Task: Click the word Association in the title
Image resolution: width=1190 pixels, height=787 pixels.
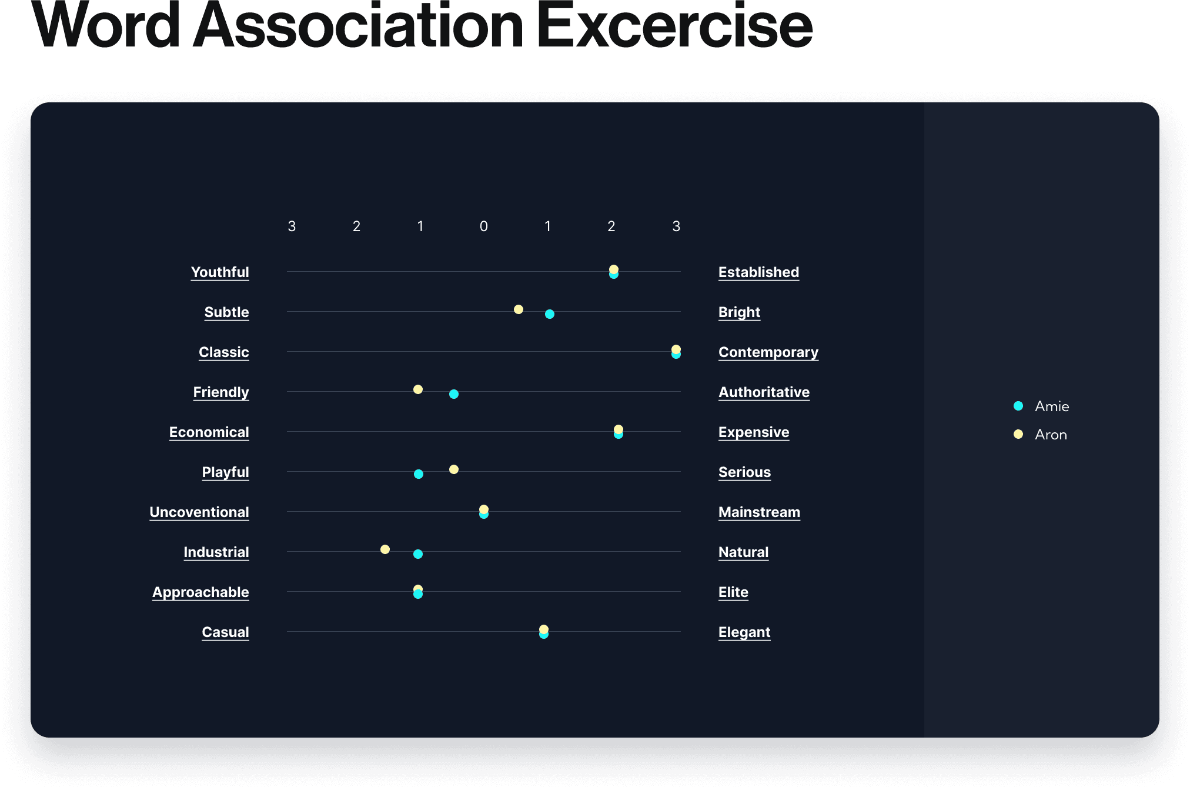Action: pyautogui.click(x=358, y=26)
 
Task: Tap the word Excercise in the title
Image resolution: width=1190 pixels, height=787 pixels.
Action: pyautogui.click(x=675, y=26)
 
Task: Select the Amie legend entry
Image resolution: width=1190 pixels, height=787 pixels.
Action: pyautogui.click(x=1041, y=406)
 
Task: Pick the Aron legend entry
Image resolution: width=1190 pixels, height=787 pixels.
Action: pyautogui.click(x=1040, y=434)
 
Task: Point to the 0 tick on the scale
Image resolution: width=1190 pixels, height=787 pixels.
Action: pyautogui.click(x=484, y=226)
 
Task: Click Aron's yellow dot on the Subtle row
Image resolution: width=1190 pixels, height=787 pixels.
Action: pyautogui.click(x=519, y=309)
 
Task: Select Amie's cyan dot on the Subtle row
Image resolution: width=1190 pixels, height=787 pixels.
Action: pyautogui.click(x=550, y=314)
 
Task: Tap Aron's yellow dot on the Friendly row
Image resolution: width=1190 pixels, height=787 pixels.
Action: pyautogui.click(x=418, y=389)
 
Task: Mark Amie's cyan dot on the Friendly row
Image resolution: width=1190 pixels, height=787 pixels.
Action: pyautogui.click(x=454, y=394)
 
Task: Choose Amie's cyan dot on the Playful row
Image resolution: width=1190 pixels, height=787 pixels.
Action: pyautogui.click(x=419, y=474)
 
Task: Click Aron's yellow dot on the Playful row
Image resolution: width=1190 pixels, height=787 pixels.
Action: pyautogui.click(x=454, y=469)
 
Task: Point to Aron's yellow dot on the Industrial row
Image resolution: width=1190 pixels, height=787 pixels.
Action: pyautogui.click(x=385, y=549)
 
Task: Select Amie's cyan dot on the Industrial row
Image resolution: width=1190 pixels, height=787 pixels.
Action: pyautogui.click(x=418, y=554)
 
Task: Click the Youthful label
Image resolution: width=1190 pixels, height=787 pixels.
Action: pyautogui.click(x=220, y=272)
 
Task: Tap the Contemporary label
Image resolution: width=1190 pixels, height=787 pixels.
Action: pyautogui.click(x=768, y=352)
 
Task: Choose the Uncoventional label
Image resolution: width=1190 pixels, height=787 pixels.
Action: pyautogui.click(x=199, y=512)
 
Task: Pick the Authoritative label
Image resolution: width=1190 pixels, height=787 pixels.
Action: pyautogui.click(x=764, y=392)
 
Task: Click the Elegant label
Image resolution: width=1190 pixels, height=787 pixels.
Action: pyautogui.click(x=744, y=632)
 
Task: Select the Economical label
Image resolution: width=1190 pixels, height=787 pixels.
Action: pyautogui.click(x=209, y=432)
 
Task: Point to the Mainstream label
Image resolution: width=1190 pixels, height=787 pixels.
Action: pyautogui.click(x=759, y=512)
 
